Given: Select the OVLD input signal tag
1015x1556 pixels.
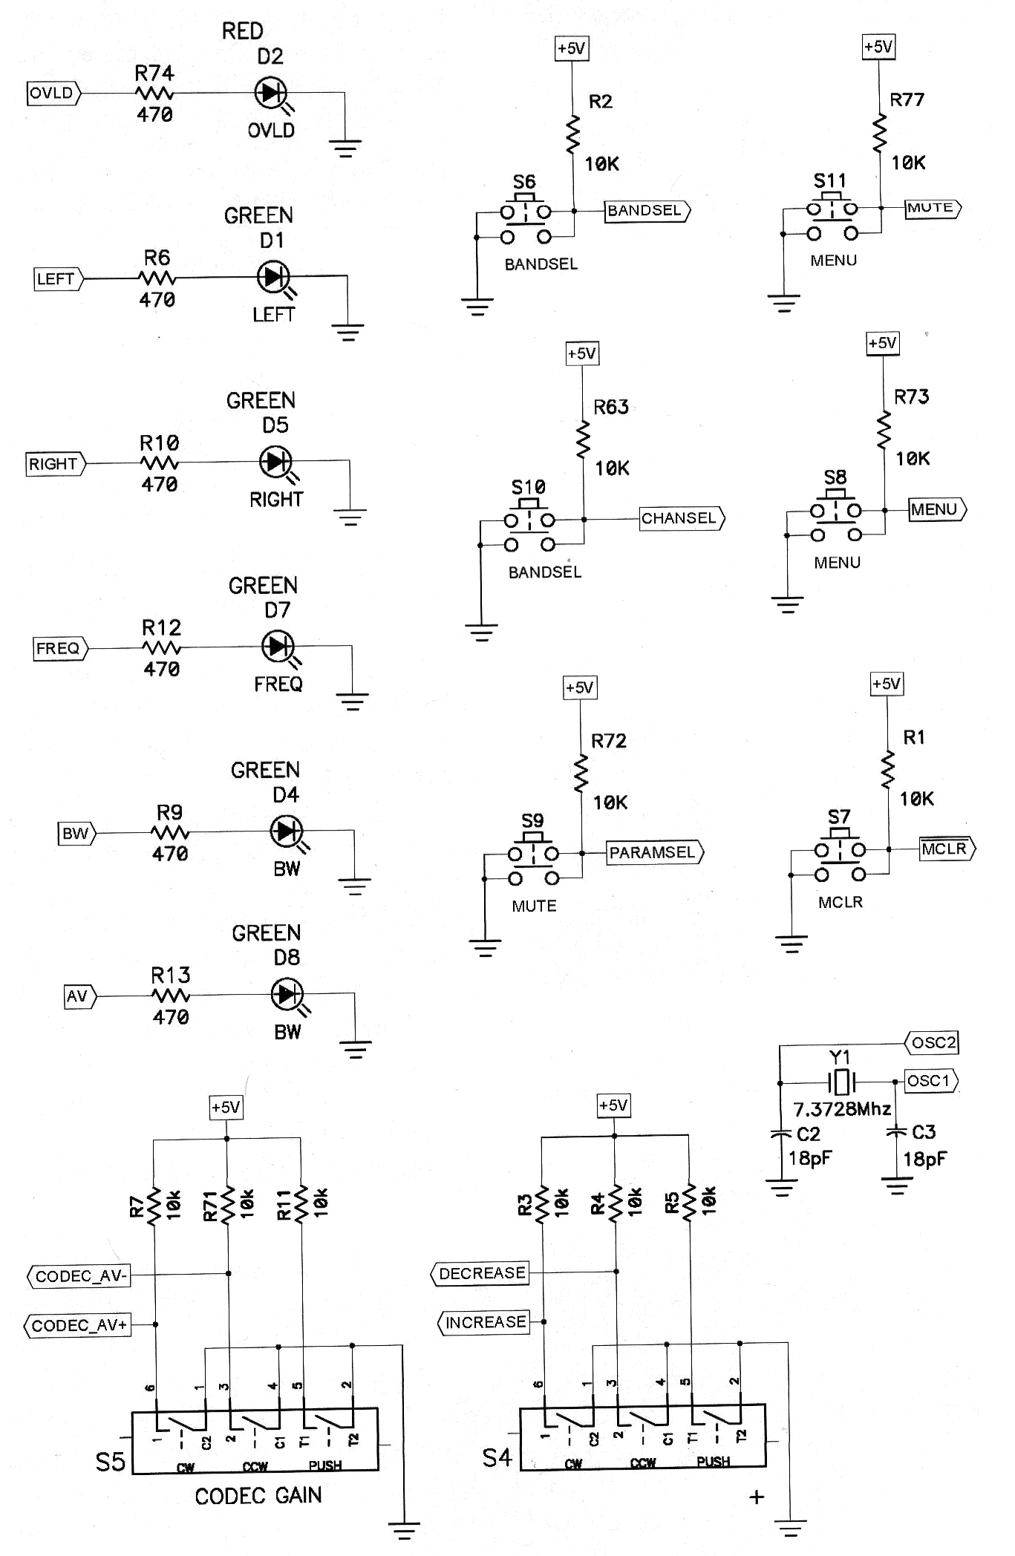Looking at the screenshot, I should [53, 94].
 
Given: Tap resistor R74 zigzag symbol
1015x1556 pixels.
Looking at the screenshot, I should [154, 94].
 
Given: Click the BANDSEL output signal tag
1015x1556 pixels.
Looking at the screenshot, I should [647, 211].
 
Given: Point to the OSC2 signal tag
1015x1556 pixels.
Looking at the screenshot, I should [933, 1042].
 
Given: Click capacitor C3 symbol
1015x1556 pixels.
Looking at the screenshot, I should [897, 1133].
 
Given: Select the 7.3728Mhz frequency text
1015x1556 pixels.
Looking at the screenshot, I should [842, 1109].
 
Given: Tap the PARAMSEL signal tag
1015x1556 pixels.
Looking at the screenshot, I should [654, 852].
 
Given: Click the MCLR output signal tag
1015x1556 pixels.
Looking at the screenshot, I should [947, 849].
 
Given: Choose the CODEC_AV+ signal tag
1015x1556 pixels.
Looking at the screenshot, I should [79, 1325].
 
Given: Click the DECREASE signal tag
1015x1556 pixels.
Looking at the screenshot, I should [480, 1273].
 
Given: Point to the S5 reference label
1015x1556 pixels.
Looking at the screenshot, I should [111, 1462].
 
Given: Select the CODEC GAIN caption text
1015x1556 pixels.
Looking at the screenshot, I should [258, 1496].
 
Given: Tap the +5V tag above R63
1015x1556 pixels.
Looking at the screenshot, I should [582, 353].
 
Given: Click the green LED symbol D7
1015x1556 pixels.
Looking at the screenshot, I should [278, 646].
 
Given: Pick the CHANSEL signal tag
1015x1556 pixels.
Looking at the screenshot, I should [681, 518].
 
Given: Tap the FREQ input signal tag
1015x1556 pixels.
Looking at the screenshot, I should [59, 648].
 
